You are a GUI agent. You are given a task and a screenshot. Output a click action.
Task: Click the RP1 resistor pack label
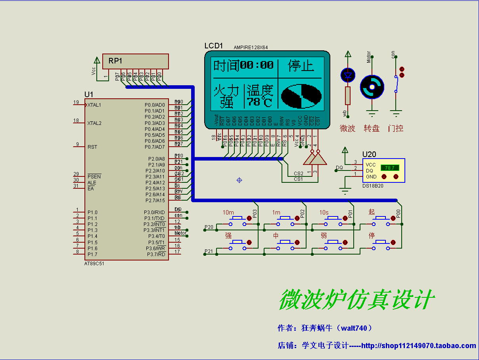coord(115,61)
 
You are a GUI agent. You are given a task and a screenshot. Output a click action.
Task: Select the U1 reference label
coord(89,94)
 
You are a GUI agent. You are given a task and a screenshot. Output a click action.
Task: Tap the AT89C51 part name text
coord(94,263)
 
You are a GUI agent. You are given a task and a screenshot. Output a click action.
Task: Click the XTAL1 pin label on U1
coord(94,105)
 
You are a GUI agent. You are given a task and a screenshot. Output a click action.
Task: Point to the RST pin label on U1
coord(92,147)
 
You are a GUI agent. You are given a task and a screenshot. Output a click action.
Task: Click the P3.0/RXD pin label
coord(154,213)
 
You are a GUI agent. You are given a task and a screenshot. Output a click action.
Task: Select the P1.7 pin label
coord(92,254)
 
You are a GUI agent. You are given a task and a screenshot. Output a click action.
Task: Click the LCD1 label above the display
coord(214,46)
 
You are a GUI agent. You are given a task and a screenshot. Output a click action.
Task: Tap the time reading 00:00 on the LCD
coord(257,65)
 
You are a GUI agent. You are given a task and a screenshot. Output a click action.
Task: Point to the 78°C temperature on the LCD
coord(260,102)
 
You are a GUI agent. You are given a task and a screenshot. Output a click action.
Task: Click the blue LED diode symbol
coord(348,75)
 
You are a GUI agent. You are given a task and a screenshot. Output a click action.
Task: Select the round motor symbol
coord(372,87)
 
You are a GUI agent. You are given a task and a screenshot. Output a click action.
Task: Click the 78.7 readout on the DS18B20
coord(390,168)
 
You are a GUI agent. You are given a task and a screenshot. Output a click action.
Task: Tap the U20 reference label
coord(369,155)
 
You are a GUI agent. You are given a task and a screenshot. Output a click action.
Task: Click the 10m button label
coord(228,213)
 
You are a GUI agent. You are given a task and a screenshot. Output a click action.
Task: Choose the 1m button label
coord(276,213)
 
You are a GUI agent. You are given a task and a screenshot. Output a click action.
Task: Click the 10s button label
coord(324,213)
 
